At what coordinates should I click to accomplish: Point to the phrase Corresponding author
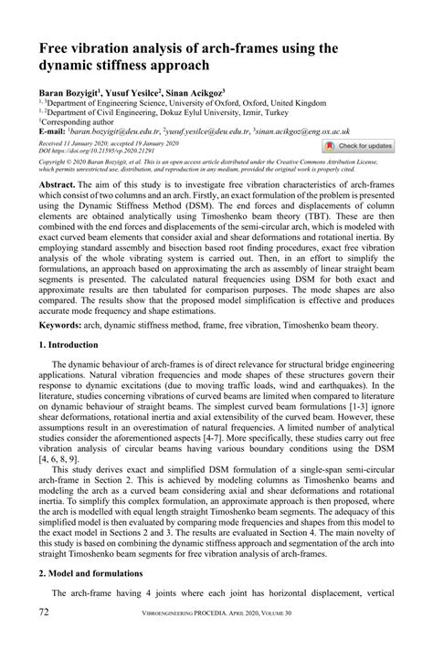[79, 122]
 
